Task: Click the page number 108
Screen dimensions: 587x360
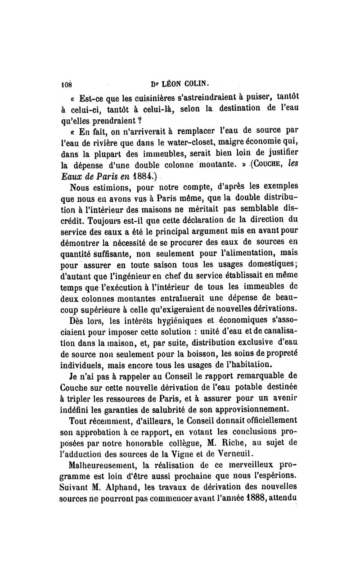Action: (67, 84)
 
